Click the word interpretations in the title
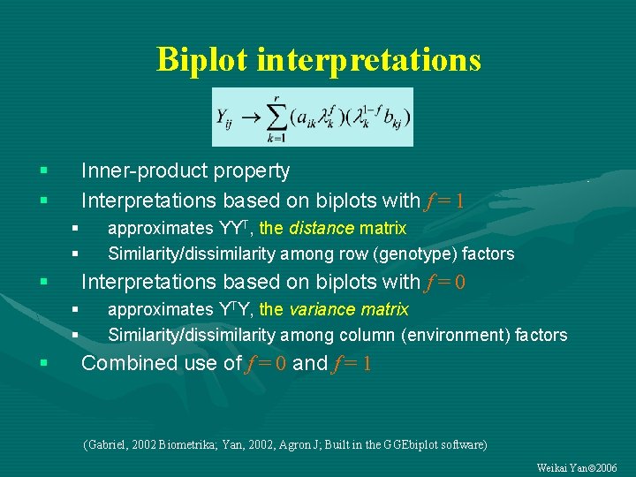point(368,60)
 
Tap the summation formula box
point(312,117)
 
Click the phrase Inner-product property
point(185,170)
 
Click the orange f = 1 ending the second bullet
point(443,201)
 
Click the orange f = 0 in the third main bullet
point(444,283)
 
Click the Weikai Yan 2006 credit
point(577,467)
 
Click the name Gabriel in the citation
point(107,444)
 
